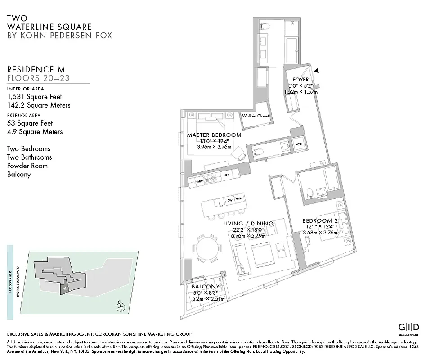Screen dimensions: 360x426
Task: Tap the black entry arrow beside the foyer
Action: [x=317, y=71]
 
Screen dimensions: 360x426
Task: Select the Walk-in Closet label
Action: [x=255, y=116]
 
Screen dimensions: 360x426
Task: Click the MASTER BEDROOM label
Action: [x=214, y=135]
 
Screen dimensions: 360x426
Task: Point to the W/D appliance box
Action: [x=299, y=144]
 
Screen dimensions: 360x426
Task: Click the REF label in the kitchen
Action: [x=226, y=175]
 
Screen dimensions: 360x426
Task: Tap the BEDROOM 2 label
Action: [x=320, y=220]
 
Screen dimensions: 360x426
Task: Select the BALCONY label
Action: [x=205, y=287]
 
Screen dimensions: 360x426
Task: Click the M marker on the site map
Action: [x=65, y=287]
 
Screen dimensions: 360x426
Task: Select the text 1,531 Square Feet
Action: [x=35, y=96]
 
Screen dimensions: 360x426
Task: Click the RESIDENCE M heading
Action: [x=36, y=69]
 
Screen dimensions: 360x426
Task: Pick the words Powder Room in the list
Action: [x=27, y=166]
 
